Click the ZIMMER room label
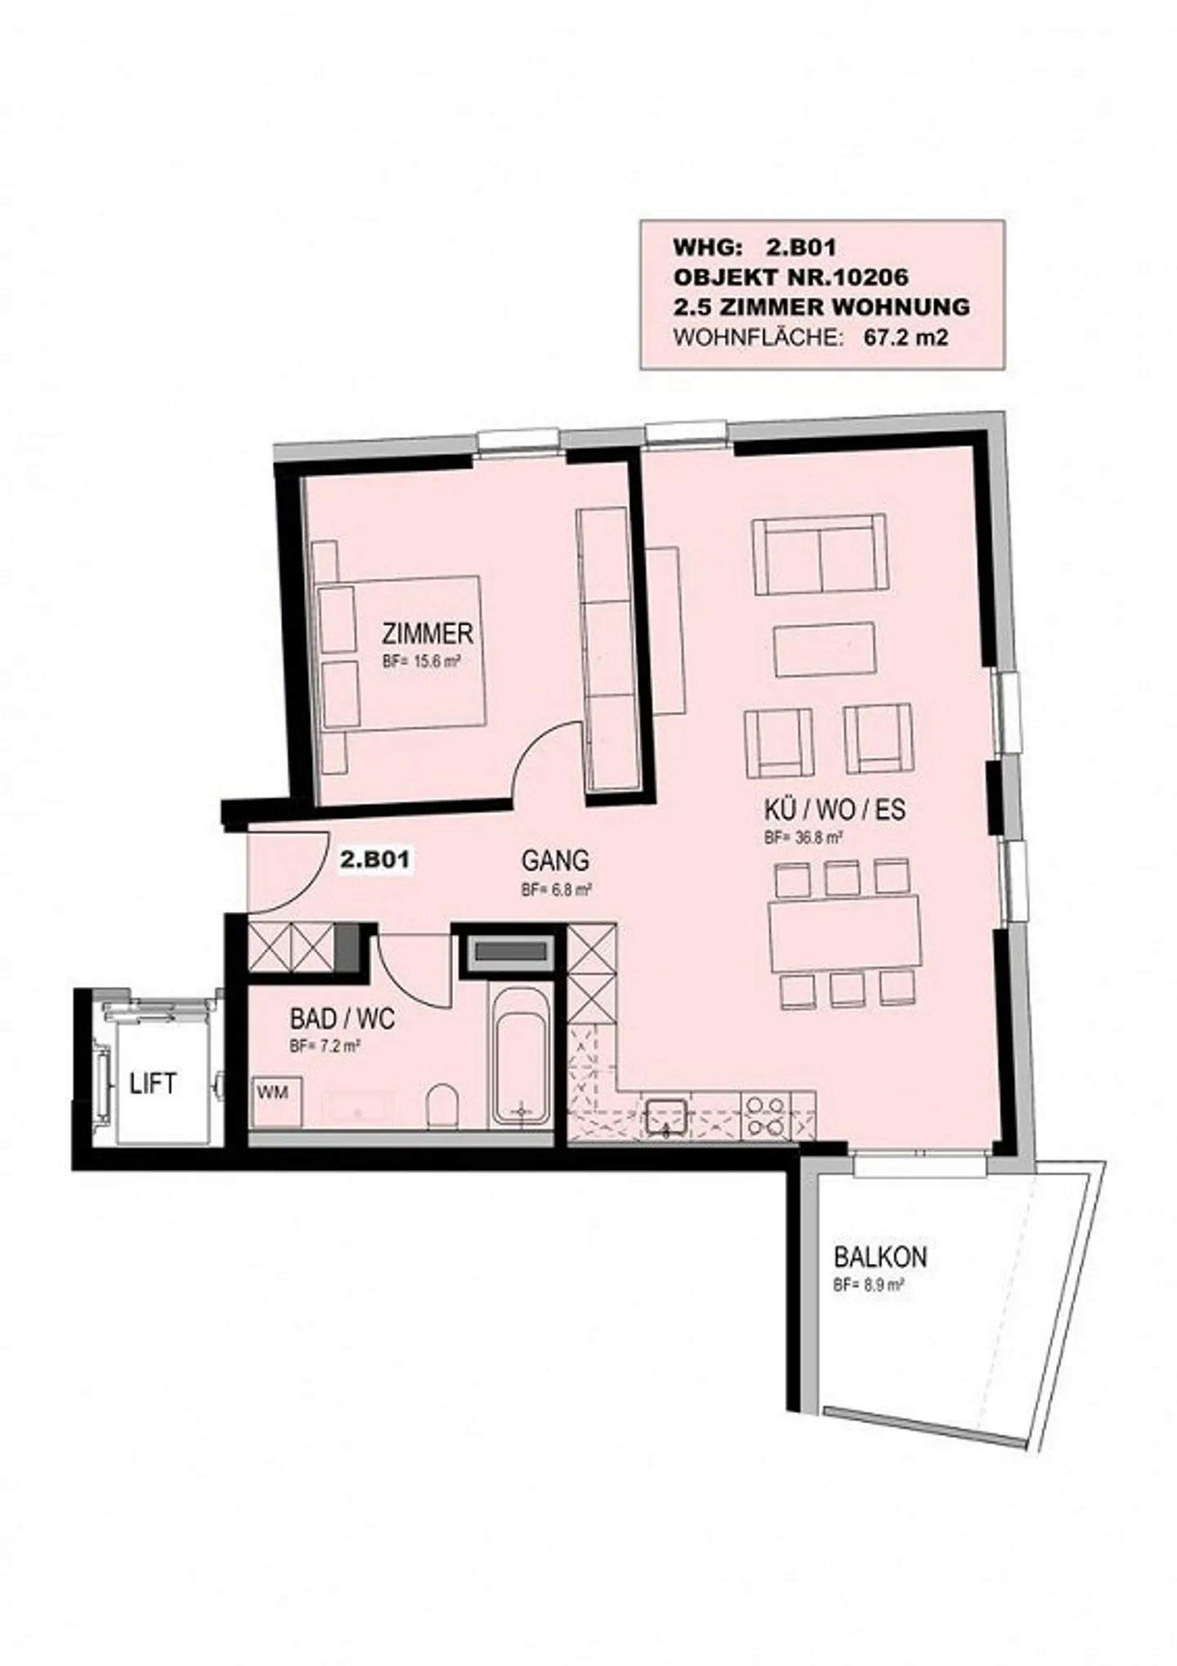pos(427,634)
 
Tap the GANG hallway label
pos(556,860)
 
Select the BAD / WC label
pos(342,1019)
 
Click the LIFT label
pos(153,1084)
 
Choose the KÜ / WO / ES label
pos(835,811)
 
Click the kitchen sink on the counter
pos(668,1116)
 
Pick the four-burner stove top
pos(765,1116)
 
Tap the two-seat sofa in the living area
pos(819,553)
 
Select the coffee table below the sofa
pos(825,650)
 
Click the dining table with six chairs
pos(844,932)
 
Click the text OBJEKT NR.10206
pos(790,277)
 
